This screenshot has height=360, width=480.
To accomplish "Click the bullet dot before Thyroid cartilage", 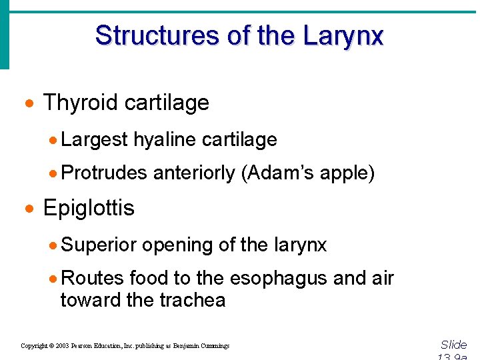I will [29, 104].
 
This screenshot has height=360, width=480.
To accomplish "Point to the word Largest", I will [94, 140].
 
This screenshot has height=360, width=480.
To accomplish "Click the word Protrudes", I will [103, 173].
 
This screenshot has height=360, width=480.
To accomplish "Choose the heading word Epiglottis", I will [89, 208].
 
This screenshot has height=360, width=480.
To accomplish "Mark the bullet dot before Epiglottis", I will [29, 209].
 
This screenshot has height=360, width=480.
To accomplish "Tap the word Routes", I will [92, 279].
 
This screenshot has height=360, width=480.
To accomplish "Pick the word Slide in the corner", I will [454, 345].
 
